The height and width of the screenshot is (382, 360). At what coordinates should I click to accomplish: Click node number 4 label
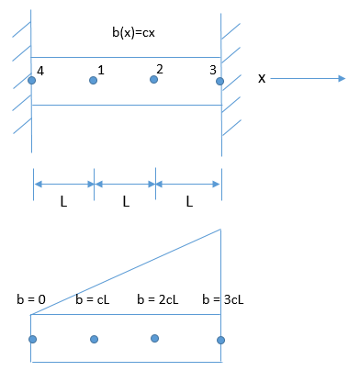[x=39, y=70]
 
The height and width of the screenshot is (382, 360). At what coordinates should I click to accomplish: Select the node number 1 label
[x=100, y=70]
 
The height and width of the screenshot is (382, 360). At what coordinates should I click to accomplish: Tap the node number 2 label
[x=160, y=70]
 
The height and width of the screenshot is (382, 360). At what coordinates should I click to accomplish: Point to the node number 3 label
[x=213, y=70]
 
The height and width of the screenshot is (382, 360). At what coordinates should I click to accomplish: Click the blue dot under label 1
[x=93, y=81]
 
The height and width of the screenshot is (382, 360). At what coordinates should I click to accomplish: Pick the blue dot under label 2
[x=154, y=81]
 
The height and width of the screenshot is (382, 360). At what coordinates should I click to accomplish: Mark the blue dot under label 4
[x=32, y=81]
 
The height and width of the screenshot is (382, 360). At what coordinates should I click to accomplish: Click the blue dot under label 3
[x=220, y=81]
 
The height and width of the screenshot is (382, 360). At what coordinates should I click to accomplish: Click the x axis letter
[x=262, y=79]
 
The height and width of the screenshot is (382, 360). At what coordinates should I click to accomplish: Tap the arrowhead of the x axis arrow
[x=345, y=79]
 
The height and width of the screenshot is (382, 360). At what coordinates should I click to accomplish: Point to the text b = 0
[x=32, y=299]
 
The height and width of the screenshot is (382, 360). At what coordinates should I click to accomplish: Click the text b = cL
[x=92, y=299]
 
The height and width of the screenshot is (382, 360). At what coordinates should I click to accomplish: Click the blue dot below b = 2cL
[x=154, y=339]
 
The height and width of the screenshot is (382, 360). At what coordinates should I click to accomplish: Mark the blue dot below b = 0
[x=32, y=339]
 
